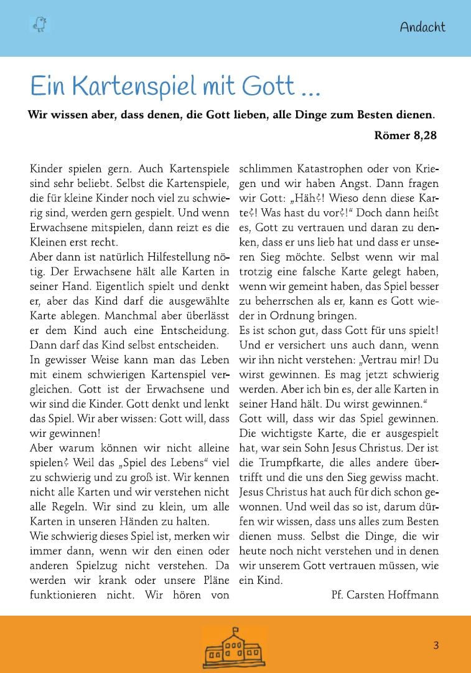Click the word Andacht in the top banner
coord(422,27)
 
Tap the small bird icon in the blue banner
coord(39,24)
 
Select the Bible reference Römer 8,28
coord(406,135)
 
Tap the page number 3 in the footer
coord(436,646)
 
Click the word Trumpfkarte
coord(284,463)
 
